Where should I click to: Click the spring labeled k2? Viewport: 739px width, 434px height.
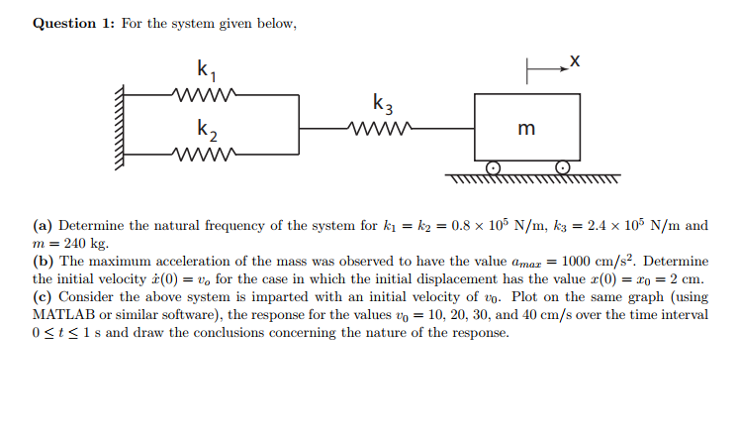click(203, 154)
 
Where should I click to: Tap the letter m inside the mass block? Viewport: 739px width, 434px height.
click(526, 128)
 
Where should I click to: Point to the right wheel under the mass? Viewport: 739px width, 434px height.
click(563, 167)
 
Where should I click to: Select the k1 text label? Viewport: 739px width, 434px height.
click(205, 69)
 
